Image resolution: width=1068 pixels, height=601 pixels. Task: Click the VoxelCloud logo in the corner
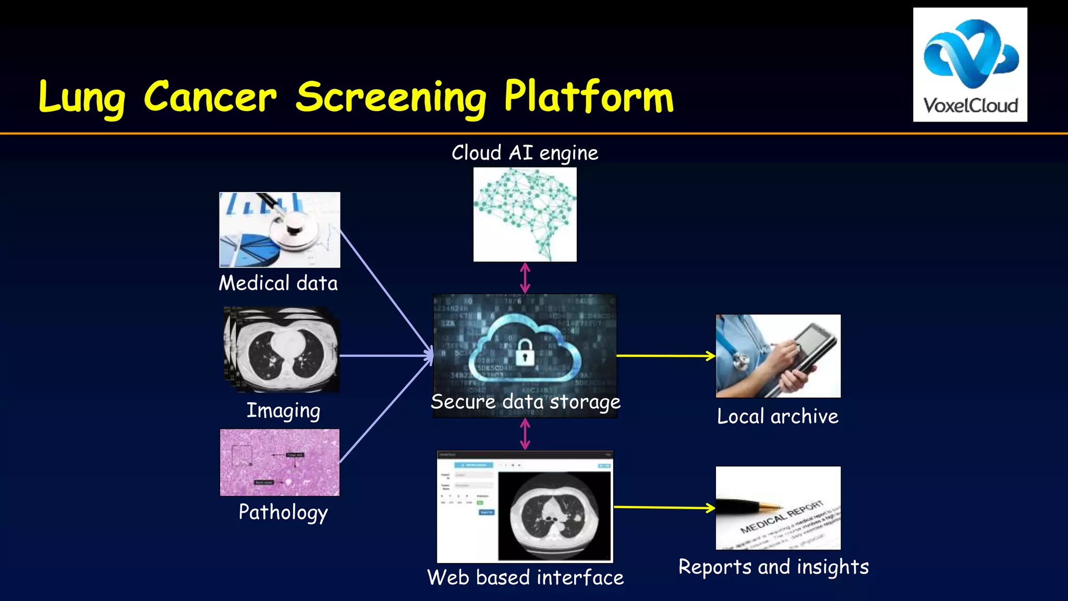970,65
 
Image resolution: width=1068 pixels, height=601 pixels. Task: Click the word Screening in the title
391,98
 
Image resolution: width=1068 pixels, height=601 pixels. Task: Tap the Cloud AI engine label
525,153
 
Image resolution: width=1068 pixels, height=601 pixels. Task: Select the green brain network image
525,214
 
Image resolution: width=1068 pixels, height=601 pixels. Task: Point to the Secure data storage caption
525,402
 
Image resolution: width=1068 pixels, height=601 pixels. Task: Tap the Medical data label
278,283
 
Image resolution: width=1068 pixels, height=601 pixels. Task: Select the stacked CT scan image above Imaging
282,349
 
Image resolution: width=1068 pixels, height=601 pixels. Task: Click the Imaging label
283,411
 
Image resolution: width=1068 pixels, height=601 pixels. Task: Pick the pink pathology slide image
280,462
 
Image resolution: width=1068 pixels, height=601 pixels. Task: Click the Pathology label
283,512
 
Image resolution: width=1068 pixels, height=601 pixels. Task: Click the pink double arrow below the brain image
525,278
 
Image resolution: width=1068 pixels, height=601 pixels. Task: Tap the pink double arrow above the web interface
525,434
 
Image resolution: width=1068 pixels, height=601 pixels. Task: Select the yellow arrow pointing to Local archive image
665,356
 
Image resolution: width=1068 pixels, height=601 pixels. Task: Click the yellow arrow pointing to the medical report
664,507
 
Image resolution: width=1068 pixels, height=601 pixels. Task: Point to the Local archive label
778,416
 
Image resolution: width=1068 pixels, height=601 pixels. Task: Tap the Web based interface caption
525,578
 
